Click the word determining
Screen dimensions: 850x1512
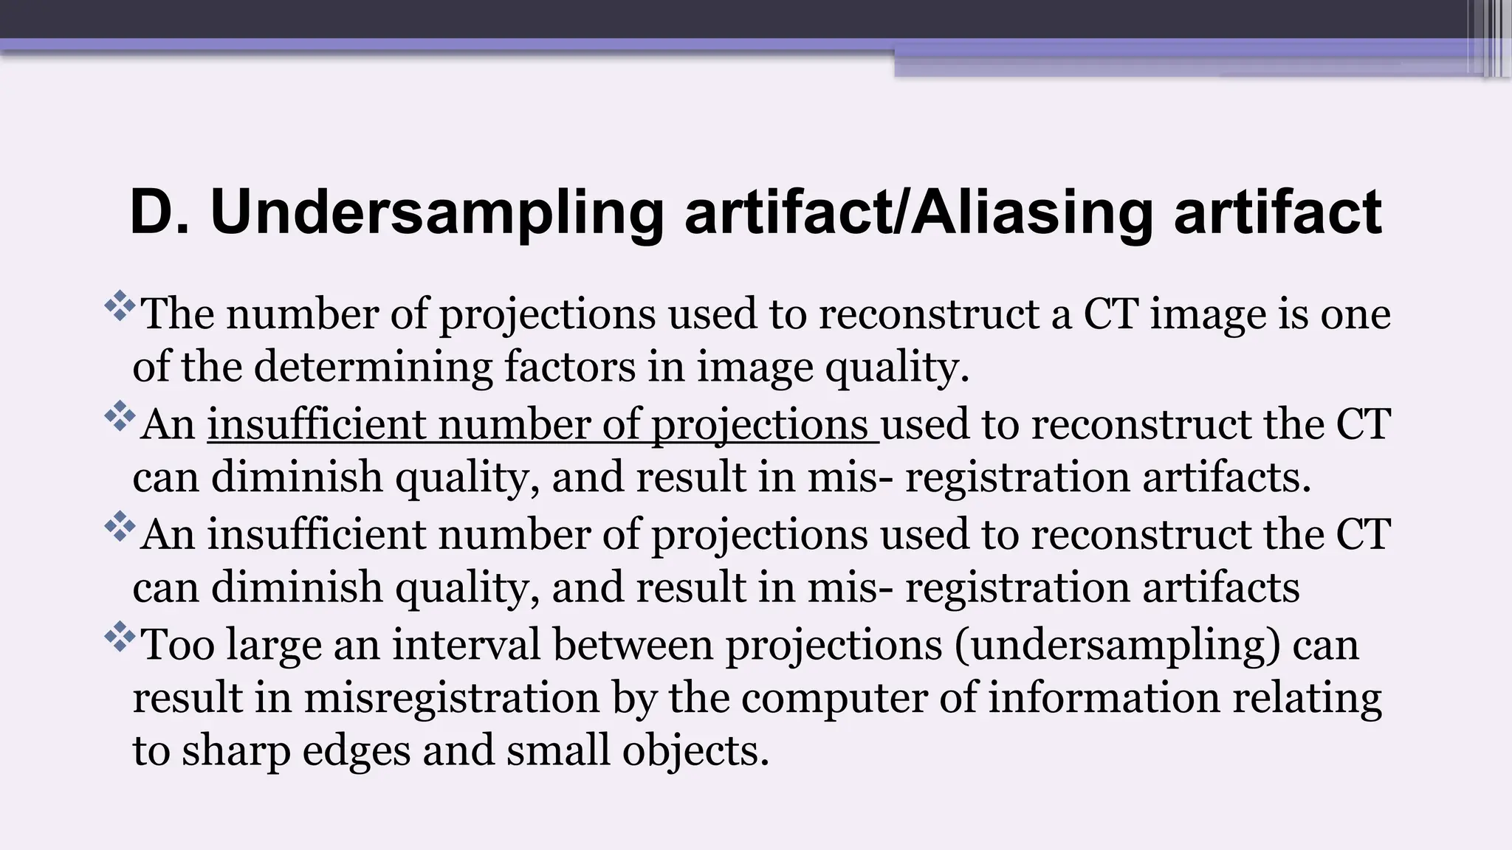373,367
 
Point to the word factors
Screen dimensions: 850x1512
569,367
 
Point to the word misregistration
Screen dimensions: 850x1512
452,698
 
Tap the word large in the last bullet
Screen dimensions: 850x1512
274,646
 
